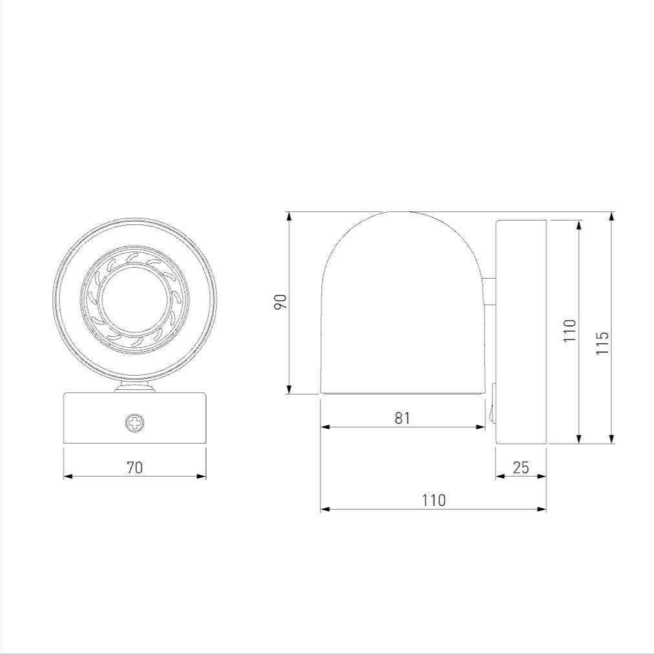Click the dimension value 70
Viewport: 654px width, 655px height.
(x=135, y=467)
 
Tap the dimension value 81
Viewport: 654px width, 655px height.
(x=403, y=418)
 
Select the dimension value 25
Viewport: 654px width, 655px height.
(x=521, y=467)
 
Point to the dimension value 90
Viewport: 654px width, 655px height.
(x=280, y=301)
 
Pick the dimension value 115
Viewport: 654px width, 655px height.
(x=602, y=343)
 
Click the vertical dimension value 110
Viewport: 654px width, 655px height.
(x=569, y=331)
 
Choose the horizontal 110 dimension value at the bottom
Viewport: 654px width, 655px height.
(x=434, y=500)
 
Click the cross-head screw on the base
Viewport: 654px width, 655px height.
(x=135, y=423)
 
